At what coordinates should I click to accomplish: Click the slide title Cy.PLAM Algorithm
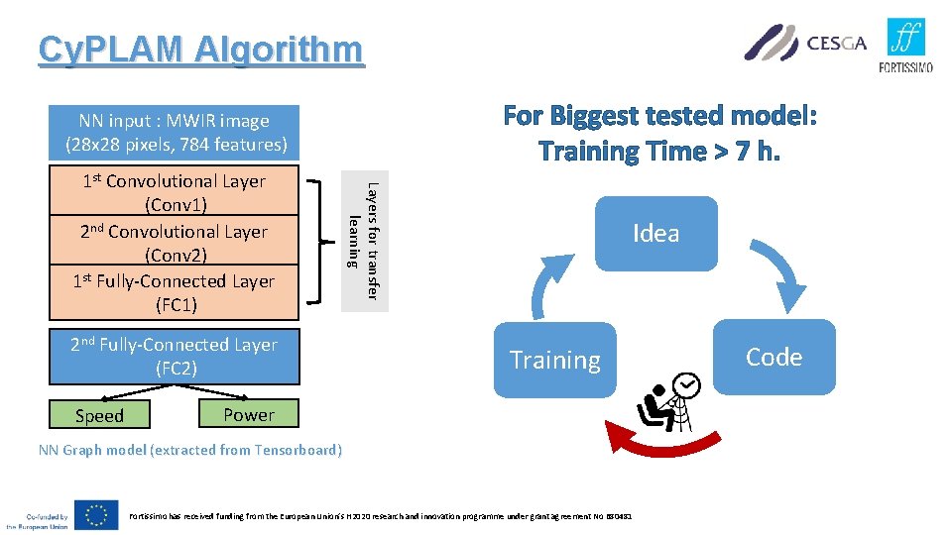pos(200,50)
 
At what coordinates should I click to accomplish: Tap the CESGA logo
pos(805,43)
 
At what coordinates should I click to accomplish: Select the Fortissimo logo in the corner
pos(905,45)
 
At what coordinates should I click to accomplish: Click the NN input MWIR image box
pos(175,133)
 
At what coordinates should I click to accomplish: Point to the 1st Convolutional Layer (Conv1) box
pos(175,192)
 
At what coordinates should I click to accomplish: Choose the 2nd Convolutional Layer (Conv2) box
pos(175,243)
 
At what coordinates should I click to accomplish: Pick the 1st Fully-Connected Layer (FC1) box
pos(175,292)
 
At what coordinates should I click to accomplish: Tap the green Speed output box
pos(100,415)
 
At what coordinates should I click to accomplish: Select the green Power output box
pos(249,414)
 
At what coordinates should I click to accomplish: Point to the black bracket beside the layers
pos(318,241)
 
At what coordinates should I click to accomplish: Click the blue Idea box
pos(655,234)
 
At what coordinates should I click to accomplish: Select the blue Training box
pos(554,360)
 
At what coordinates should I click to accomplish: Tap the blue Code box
pos(773,357)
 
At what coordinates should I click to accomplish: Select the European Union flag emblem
pos(95,514)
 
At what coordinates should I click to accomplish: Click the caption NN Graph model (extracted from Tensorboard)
pos(189,451)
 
